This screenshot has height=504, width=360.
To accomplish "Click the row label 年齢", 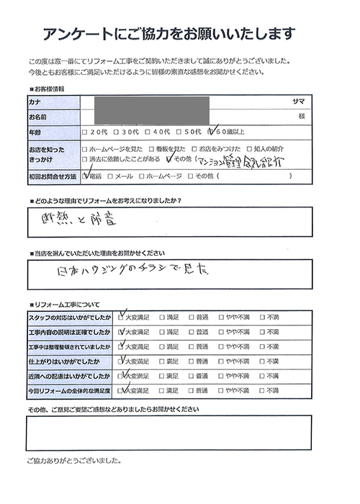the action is coord(36,132).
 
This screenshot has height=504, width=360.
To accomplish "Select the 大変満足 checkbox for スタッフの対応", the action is coord(121,317).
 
